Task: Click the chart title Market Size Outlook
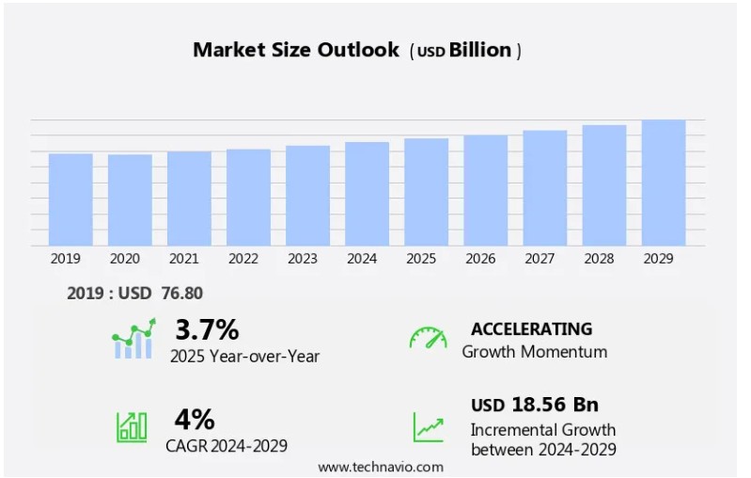[296, 50]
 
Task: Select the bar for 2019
[70, 199]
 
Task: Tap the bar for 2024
[367, 194]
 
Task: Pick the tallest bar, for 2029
[664, 183]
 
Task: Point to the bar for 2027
[545, 188]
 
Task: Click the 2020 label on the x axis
[125, 259]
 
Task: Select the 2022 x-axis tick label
[243, 259]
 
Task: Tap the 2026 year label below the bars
[480, 259]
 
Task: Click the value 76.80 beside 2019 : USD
[183, 294]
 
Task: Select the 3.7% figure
[207, 329]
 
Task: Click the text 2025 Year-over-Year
[244, 356]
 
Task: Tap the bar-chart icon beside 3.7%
[133, 340]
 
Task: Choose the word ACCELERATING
[531, 328]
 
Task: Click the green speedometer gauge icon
[428, 338]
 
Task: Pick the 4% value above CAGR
[195, 419]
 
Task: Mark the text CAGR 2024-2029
[228, 445]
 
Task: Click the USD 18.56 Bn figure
[534, 405]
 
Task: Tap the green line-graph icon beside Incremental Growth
[428, 427]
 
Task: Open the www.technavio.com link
[380, 467]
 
